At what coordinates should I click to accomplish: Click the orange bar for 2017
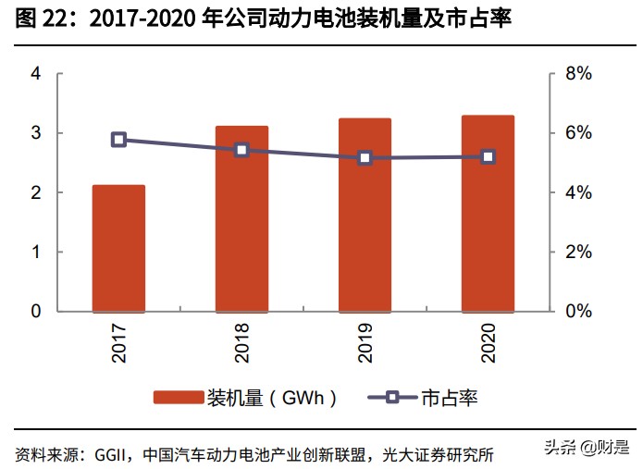(x=118, y=248)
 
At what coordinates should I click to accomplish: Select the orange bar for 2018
(x=241, y=218)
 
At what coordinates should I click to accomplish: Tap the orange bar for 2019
(x=365, y=215)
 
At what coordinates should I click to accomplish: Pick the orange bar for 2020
(x=488, y=213)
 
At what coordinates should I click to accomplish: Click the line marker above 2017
(x=118, y=140)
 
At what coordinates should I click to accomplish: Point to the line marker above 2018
(x=241, y=150)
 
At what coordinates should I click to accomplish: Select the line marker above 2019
(x=365, y=158)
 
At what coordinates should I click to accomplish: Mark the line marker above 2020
(x=488, y=157)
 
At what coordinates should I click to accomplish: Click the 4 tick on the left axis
(x=36, y=74)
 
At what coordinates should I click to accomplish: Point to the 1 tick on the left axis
(x=36, y=252)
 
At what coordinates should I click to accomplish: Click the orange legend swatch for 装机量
(x=178, y=398)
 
